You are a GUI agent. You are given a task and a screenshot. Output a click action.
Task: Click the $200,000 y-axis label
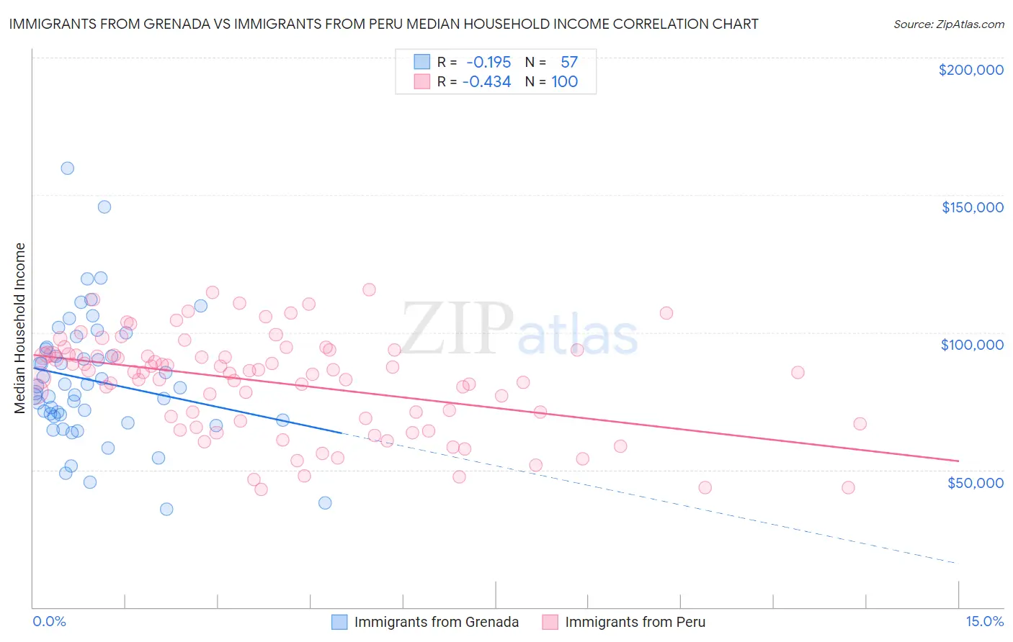[970, 70]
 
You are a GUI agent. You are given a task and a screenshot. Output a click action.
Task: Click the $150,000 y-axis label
[972, 207]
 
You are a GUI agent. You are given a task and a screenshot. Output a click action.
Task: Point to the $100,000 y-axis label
[972, 345]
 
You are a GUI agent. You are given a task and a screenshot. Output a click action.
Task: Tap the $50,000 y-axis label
[975, 482]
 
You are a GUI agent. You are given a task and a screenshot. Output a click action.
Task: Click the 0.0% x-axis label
[49, 621]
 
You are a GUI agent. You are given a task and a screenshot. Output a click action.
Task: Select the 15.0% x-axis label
[984, 621]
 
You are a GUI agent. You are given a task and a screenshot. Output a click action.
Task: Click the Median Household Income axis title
[20, 327]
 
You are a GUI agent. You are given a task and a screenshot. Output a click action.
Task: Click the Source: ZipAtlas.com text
[948, 24]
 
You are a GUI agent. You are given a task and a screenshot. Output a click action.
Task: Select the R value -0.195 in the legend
[488, 63]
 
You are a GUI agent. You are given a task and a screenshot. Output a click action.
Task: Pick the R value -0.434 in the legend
[487, 82]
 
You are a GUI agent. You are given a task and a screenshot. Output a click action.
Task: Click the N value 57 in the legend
[569, 63]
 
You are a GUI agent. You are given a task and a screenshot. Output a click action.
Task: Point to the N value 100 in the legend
[565, 82]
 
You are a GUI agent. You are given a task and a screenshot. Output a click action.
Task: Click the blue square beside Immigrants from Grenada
[339, 622]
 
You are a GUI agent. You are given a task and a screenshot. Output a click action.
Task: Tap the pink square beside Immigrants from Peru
[550, 622]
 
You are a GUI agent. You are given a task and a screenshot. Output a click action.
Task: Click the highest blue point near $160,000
[67, 168]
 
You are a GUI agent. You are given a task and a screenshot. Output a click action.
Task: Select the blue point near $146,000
[104, 207]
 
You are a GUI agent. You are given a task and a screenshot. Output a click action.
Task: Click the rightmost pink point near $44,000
[848, 487]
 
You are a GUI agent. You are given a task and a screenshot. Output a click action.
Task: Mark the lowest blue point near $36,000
[166, 509]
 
